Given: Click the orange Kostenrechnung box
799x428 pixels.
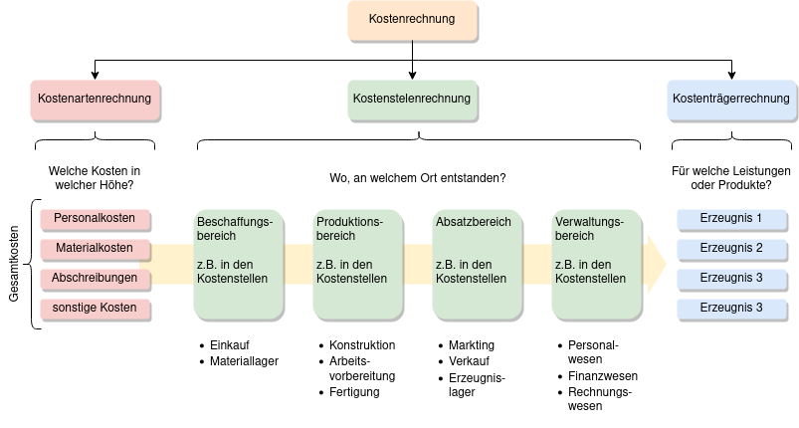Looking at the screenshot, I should click(412, 20).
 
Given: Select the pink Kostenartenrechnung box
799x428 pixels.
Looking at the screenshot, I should click(95, 99).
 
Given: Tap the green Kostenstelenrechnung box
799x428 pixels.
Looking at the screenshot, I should click(412, 99).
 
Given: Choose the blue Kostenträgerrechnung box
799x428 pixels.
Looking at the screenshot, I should click(731, 99).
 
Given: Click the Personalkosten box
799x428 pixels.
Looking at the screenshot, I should click(95, 218).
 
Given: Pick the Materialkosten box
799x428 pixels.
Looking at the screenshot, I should click(95, 248).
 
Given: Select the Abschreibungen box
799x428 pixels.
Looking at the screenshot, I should click(95, 278).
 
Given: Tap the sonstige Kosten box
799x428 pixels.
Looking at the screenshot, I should click(95, 309).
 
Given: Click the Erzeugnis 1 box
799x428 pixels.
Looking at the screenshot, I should click(731, 218).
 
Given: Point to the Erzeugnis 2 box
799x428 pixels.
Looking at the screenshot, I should click(731, 248).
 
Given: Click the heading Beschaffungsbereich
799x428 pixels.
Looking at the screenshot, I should click(236, 228).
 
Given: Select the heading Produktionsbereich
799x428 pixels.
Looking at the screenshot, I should click(349, 228).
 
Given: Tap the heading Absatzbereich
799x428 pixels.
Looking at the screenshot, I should click(473, 221).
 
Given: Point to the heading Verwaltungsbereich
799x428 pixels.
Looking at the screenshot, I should click(588, 228).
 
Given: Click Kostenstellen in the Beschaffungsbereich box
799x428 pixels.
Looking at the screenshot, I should click(232, 279).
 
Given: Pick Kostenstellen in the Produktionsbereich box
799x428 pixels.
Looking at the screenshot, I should click(351, 279).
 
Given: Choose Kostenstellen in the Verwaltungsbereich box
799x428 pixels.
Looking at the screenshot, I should click(590, 279).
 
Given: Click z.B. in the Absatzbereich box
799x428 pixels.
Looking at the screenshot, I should click(447, 264).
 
